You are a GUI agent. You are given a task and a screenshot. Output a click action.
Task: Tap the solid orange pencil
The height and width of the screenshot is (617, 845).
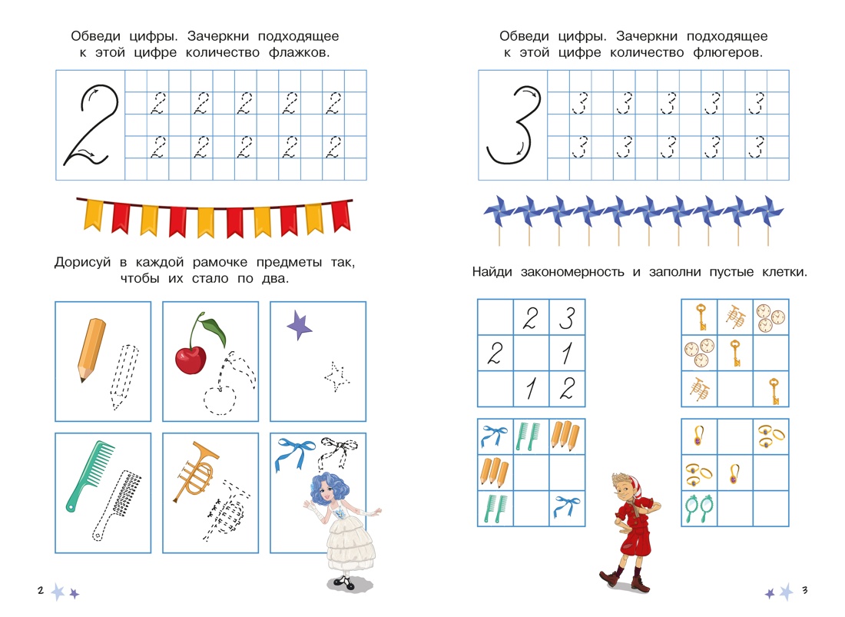[x=91, y=349]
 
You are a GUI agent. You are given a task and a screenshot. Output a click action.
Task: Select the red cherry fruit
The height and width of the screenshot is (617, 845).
[x=191, y=360]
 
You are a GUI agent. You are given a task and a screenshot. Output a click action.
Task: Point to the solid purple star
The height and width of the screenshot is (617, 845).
[x=299, y=325]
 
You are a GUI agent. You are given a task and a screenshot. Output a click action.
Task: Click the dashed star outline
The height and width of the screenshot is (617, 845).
[x=336, y=377]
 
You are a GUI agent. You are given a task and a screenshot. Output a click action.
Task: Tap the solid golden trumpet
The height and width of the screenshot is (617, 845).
[x=195, y=472]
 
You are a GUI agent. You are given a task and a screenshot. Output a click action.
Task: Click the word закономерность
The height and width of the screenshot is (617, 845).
[x=572, y=272]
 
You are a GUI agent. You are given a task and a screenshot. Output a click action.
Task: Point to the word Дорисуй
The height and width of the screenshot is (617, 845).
[x=82, y=263]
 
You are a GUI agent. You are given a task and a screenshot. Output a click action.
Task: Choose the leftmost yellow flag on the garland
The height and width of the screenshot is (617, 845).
[x=94, y=215]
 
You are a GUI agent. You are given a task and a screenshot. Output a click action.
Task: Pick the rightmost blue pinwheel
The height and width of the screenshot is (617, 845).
[x=767, y=212]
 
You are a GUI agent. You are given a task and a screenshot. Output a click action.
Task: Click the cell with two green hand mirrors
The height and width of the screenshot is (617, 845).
[x=699, y=509]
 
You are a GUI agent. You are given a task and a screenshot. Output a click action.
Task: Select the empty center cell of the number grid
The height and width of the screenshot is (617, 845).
[x=531, y=353]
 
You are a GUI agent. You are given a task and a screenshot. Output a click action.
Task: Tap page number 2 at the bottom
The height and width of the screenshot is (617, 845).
[x=41, y=590]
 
